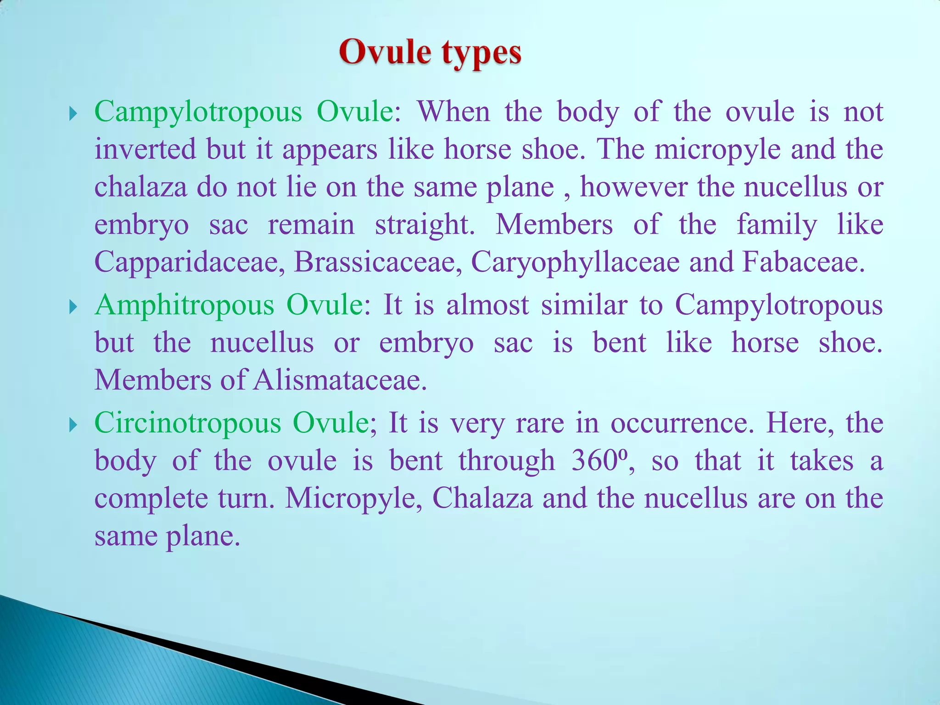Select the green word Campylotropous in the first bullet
[x=198, y=112]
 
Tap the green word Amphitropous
[x=184, y=305]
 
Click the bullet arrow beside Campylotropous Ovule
[x=73, y=113]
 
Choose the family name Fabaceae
[x=803, y=262]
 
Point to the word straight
[x=425, y=225]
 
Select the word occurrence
[x=682, y=423]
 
